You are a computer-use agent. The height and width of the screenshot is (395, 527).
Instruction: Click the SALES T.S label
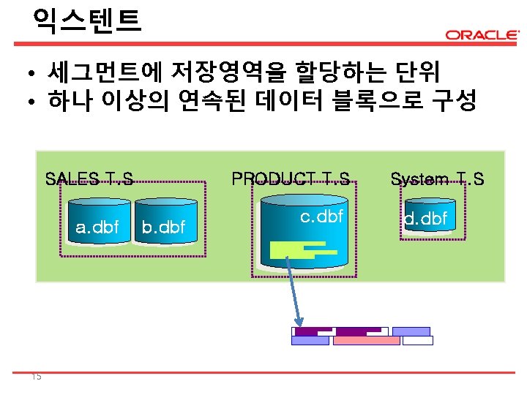pyautogui.click(x=89, y=178)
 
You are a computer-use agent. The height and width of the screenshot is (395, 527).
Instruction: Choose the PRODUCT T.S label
pyautogui.click(x=291, y=178)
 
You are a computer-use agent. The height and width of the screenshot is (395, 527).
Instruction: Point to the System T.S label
pyautogui.click(x=437, y=178)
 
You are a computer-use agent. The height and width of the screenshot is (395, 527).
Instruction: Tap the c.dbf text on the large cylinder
pyautogui.click(x=322, y=217)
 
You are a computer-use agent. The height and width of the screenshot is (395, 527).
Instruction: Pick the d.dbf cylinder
pyautogui.click(x=426, y=219)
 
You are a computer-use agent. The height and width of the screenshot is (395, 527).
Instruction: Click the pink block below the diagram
pyautogui.click(x=366, y=341)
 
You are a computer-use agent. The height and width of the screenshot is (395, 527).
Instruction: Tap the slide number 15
pyautogui.click(x=37, y=377)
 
